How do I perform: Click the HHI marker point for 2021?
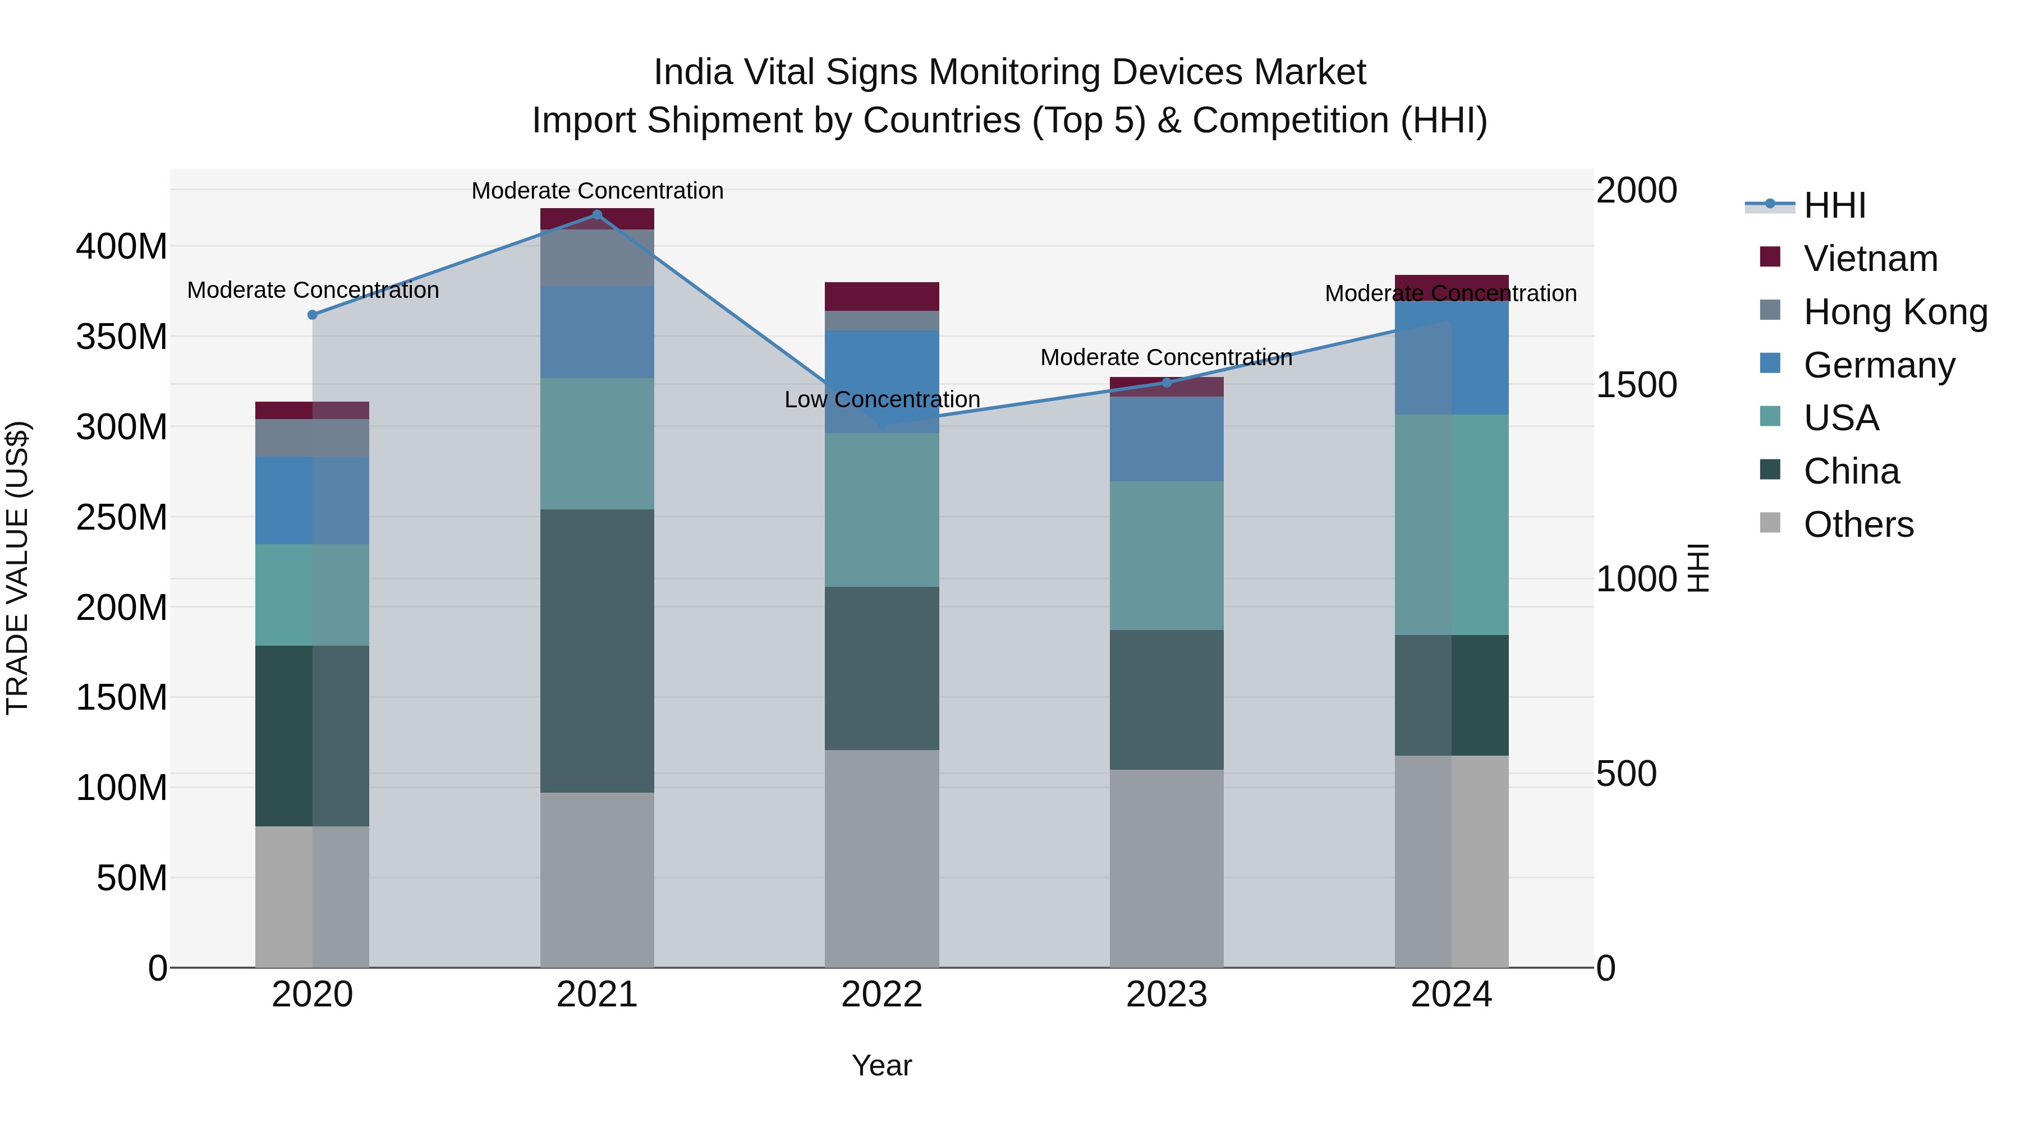[x=597, y=215]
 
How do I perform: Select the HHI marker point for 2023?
[x=1166, y=383]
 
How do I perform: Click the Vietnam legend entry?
[x=1870, y=259]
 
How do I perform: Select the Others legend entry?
[x=1858, y=525]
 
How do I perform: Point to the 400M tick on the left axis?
[x=122, y=247]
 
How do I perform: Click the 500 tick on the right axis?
[x=1626, y=774]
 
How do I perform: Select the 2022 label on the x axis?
[x=882, y=995]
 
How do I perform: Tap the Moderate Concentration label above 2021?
[x=597, y=191]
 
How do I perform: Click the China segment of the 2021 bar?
[x=597, y=651]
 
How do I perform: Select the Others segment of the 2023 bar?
[x=1166, y=868]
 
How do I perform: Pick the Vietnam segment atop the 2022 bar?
[x=882, y=296]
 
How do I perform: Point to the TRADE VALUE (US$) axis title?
[x=17, y=568]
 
